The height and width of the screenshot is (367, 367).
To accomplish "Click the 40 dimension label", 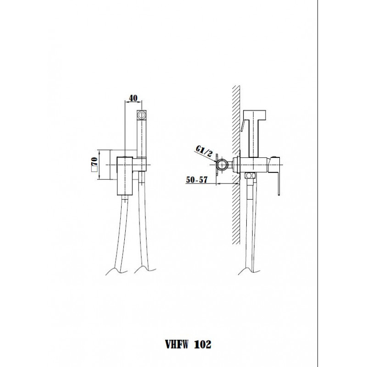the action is point(133,98).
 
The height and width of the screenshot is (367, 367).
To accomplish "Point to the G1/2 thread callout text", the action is point(204,151).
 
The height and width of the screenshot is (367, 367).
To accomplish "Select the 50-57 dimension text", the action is point(197,180).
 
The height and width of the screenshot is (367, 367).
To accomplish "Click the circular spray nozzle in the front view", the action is point(141,115).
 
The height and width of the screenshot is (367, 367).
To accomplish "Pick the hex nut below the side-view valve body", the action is point(250,176).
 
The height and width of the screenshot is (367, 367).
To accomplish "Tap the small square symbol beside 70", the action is point(95,169).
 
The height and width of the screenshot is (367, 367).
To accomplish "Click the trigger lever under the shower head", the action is point(243,125).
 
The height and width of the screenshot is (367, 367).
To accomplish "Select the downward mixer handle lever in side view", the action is point(276,176).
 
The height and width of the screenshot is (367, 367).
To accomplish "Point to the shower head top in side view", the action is point(255,114).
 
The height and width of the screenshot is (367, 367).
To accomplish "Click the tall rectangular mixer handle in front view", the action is point(125,176).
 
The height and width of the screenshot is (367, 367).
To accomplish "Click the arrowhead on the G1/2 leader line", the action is point(215,161).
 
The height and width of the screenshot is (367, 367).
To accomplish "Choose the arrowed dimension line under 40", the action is point(133,102).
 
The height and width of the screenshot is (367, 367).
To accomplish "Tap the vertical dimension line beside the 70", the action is point(100,165).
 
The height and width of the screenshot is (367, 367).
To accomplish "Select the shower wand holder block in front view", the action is point(141,164).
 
